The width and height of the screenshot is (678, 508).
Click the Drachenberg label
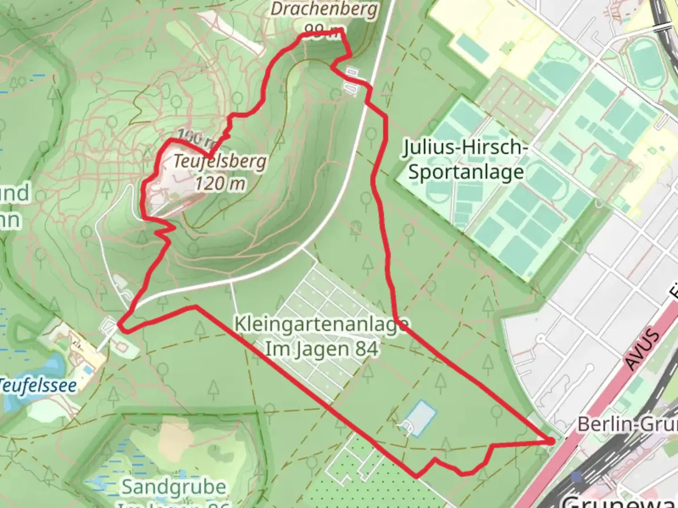tap(324, 9)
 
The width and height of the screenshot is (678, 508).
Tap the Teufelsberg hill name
tap(220, 162)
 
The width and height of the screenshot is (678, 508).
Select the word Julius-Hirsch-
tap(465, 148)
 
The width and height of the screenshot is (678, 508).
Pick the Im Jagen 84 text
tap(322, 349)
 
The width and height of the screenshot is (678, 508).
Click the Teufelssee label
tap(38, 385)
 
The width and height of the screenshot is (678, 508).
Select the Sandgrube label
tap(174, 487)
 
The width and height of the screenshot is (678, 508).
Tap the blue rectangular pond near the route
tap(420, 418)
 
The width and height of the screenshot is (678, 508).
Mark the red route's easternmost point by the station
tap(551, 441)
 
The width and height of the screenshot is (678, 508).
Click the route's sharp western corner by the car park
tap(120, 325)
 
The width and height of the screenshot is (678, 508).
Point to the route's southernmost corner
tap(415, 476)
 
